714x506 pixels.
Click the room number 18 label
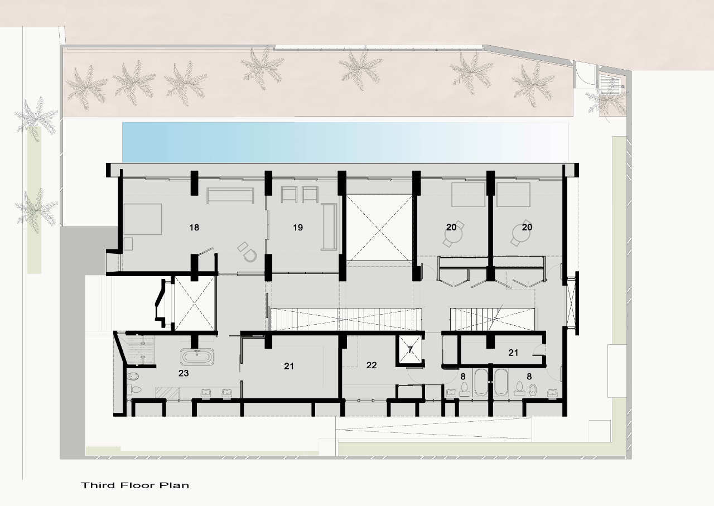click(x=194, y=227)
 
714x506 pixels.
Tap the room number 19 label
click(x=298, y=227)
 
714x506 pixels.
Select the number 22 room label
click(x=372, y=365)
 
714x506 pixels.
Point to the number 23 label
click(x=184, y=373)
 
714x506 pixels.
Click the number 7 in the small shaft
click(x=410, y=350)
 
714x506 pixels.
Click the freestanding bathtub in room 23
click(x=197, y=357)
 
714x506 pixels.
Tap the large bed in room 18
click(x=143, y=219)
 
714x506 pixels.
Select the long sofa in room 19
click(x=330, y=227)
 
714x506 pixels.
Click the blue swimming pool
click(x=345, y=142)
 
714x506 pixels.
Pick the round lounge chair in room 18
click(x=249, y=255)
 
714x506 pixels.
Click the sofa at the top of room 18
click(x=230, y=195)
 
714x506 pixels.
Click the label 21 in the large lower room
click(x=289, y=366)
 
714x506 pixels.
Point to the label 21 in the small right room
click(x=513, y=353)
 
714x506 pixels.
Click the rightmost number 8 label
click(x=529, y=377)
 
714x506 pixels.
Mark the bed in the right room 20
click(x=514, y=195)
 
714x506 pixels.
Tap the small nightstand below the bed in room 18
click(x=128, y=244)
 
